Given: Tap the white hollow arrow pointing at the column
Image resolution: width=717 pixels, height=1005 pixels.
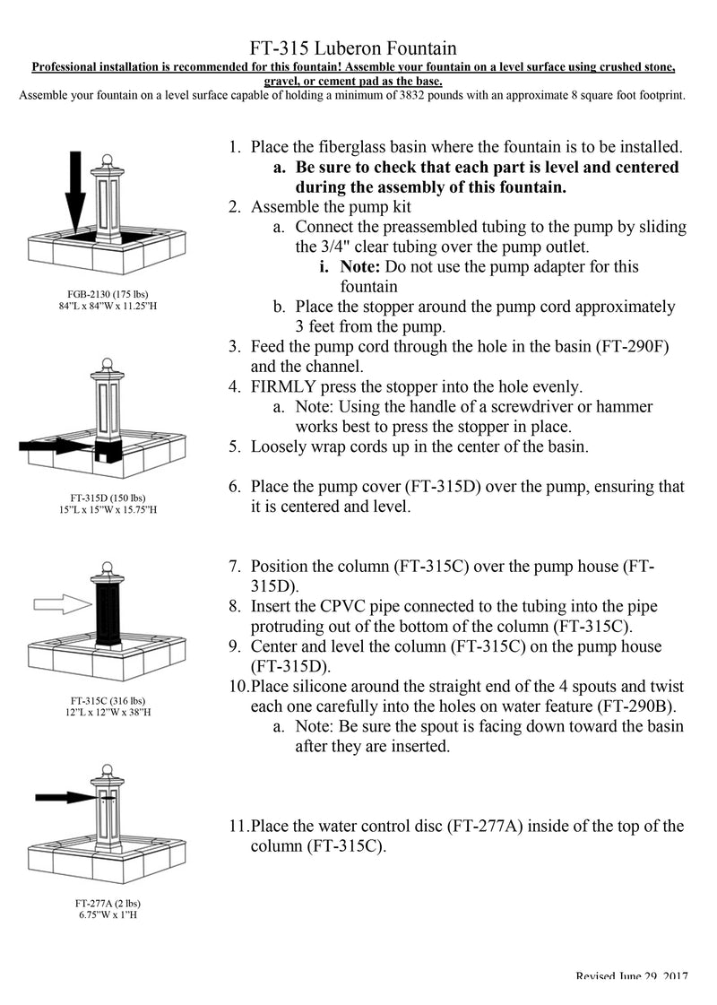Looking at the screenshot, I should pyautogui.click(x=61, y=606).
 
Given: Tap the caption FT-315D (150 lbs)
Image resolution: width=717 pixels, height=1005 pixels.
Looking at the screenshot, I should pyautogui.click(x=108, y=498).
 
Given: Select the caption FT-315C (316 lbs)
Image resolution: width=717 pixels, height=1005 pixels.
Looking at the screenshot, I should pyautogui.click(x=108, y=700).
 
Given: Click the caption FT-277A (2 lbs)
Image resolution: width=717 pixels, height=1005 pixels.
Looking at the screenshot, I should pyautogui.click(x=108, y=903).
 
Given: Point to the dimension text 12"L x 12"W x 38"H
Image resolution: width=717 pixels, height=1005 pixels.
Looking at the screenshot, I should pyautogui.click(x=108, y=712).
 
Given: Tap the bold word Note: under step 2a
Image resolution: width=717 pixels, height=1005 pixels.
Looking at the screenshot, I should pyautogui.click(x=363, y=267).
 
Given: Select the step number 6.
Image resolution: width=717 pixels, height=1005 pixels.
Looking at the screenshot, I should pyautogui.click(x=234, y=487).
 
